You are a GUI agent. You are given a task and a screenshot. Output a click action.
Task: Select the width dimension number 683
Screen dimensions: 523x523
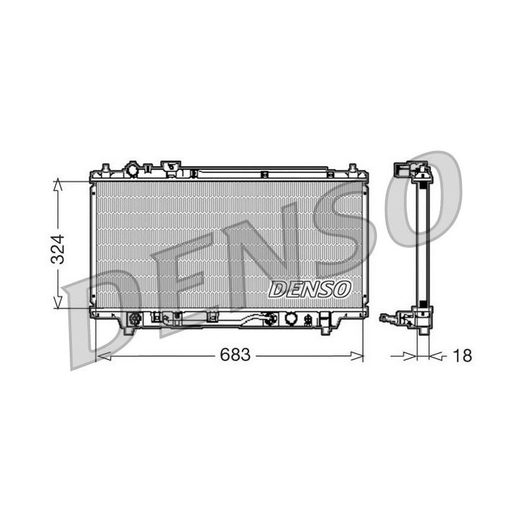[232, 355]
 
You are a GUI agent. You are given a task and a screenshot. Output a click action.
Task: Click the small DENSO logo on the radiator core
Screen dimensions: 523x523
[309, 288]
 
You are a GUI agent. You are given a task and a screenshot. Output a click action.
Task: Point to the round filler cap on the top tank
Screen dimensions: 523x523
[134, 170]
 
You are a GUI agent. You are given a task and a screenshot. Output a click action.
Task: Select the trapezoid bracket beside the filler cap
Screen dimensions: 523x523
[171, 168]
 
